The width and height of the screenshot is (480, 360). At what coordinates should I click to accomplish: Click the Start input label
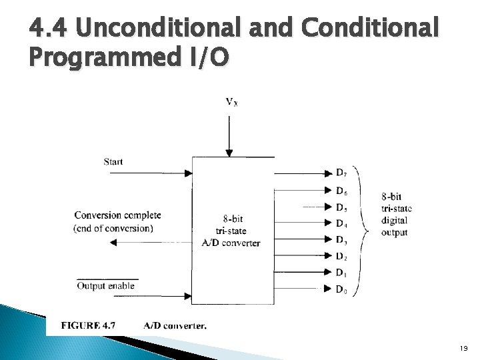[x=113, y=161]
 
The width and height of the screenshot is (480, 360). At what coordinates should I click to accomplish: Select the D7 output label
[x=341, y=174]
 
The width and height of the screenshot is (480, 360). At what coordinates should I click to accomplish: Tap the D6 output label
[x=341, y=191]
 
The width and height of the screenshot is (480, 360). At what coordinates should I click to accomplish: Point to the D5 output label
[x=341, y=207]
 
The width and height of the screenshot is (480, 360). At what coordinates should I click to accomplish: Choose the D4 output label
[x=341, y=223]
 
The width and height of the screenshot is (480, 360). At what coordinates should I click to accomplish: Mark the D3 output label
[x=341, y=239]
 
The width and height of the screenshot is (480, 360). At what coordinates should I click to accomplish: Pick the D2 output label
[x=341, y=256]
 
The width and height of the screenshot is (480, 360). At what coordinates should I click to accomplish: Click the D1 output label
[x=341, y=272]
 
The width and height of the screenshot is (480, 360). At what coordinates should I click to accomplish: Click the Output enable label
[x=105, y=286]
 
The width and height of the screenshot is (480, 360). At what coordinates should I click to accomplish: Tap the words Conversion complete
[x=117, y=215]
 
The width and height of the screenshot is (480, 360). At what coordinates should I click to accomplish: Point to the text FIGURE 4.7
[x=89, y=326]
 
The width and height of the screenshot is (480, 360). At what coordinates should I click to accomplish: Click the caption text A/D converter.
[x=175, y=326]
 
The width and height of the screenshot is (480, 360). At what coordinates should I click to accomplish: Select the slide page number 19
[x=464, y=347]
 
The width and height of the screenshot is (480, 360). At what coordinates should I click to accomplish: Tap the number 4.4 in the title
[x=49, y=29]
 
